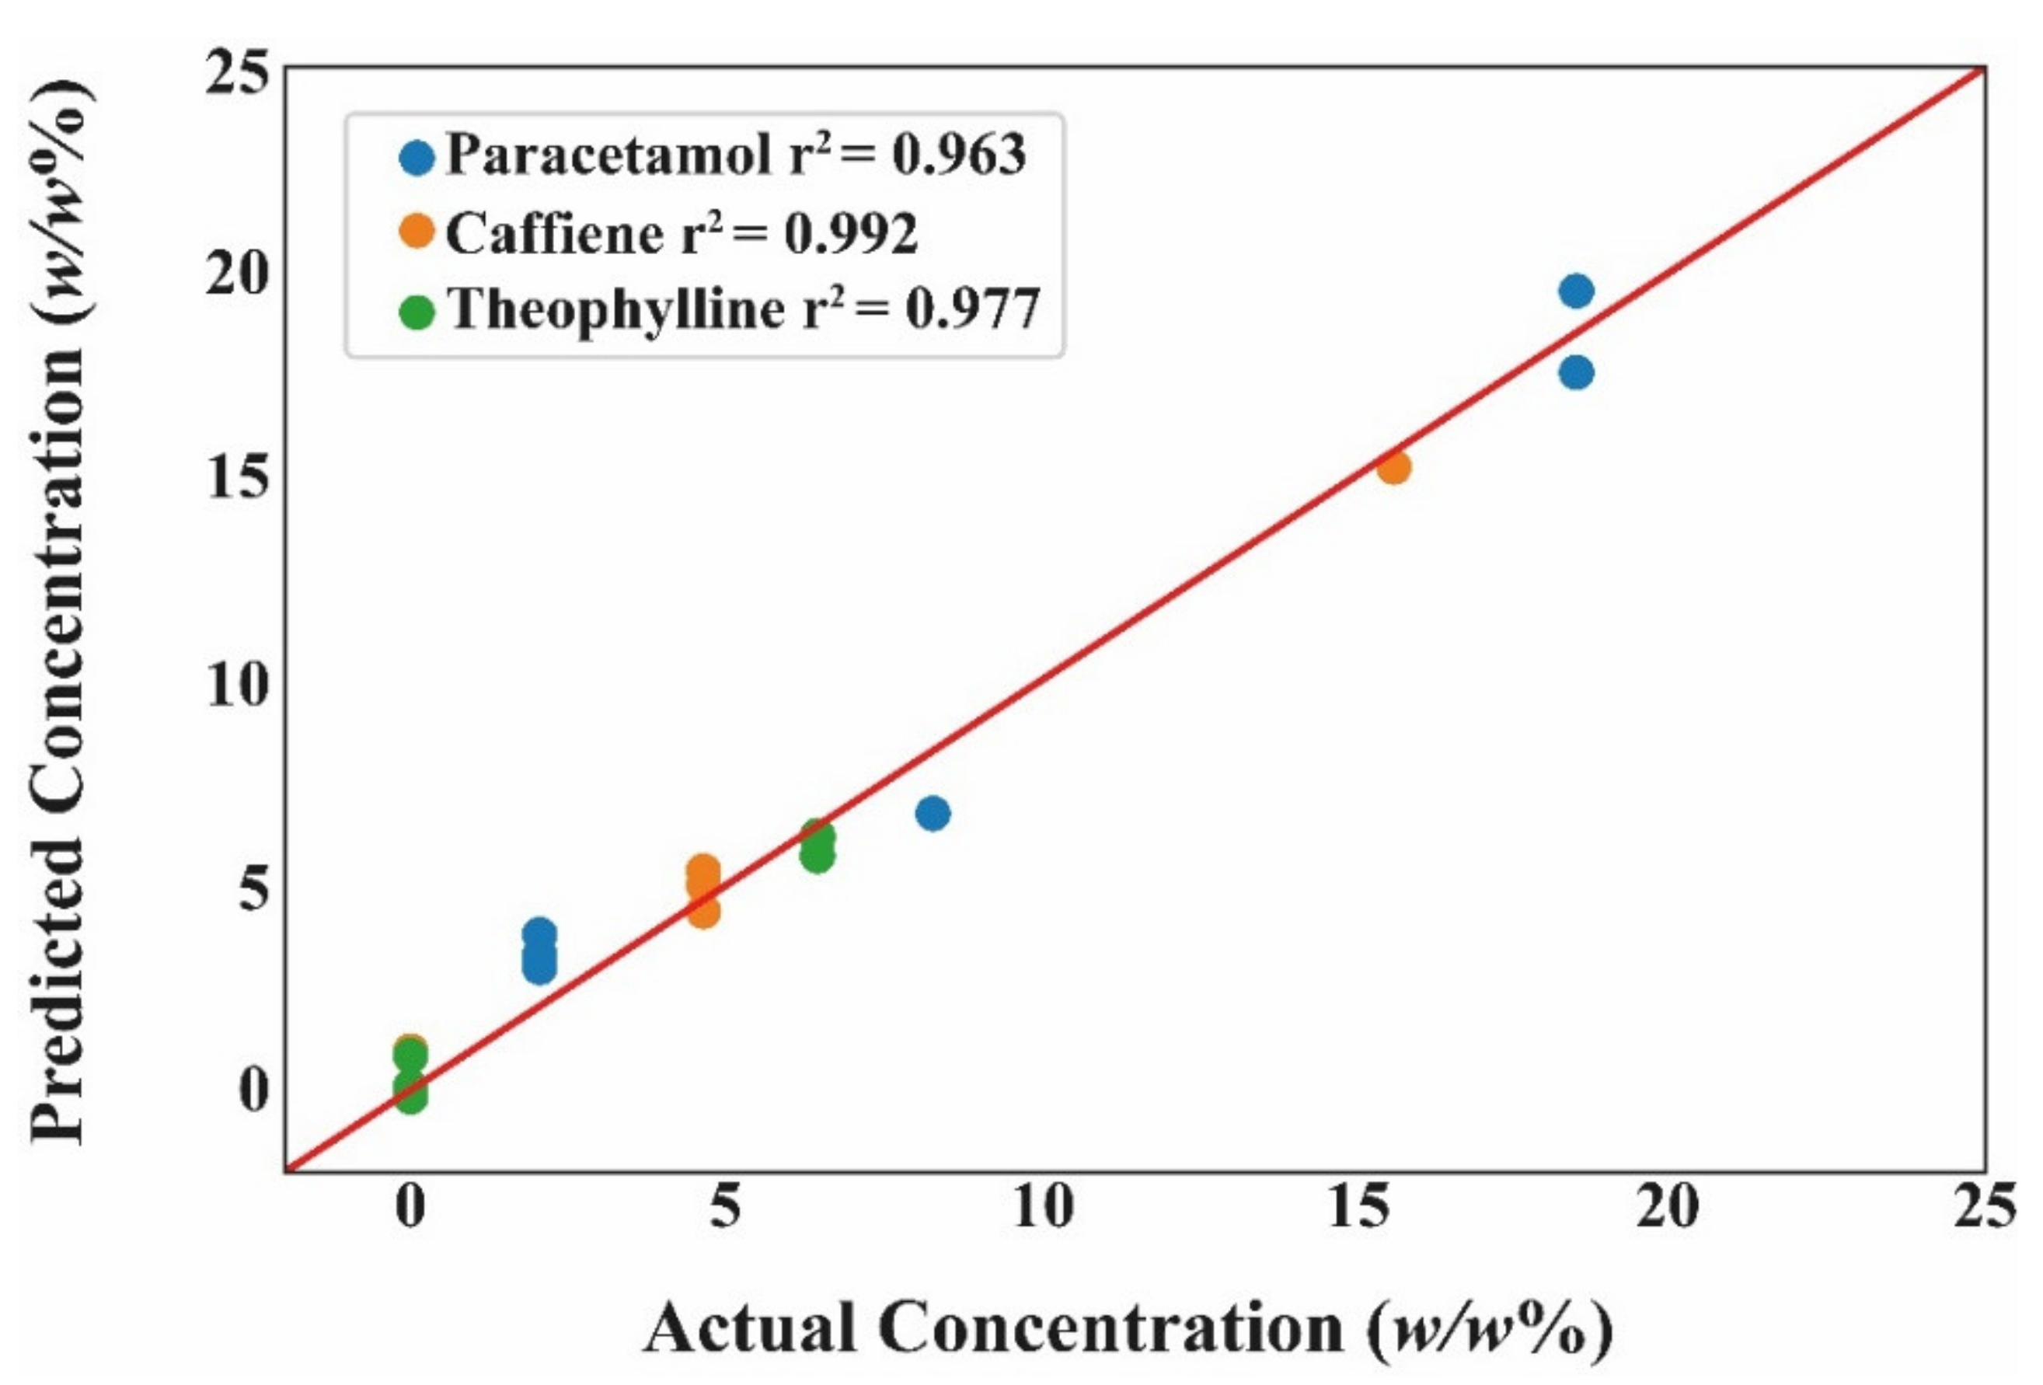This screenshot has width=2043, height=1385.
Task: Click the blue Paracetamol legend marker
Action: click(x=417, y=159)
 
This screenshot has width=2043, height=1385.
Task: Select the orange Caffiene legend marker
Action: click(x=417, y=232)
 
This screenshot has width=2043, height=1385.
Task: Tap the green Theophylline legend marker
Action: click(x=417, y=312)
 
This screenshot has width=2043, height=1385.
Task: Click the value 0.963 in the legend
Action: click(x=958, y=155)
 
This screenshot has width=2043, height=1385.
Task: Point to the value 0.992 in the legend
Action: click(x=850, y=234)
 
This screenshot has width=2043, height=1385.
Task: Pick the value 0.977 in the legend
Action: click(x=972, y=309)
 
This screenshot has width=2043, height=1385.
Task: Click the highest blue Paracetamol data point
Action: click(x=1576, y=291)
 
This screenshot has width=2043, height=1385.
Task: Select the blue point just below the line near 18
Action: click(x=1576, y=373)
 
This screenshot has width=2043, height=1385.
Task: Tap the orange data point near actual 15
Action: click(x=1394, y=467)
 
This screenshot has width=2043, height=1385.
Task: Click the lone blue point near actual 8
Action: click(x=933, y=814)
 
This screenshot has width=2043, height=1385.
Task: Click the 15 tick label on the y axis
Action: click(x=235, y=480)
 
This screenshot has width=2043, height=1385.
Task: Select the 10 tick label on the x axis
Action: click(x=1043, y=1206)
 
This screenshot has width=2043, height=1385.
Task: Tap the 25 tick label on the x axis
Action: click(x=1984, y=1206)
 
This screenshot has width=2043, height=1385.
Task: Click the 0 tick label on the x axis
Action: click(x=410, y=1206)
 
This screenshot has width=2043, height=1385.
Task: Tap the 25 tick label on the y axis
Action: click(x=235, y=72)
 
